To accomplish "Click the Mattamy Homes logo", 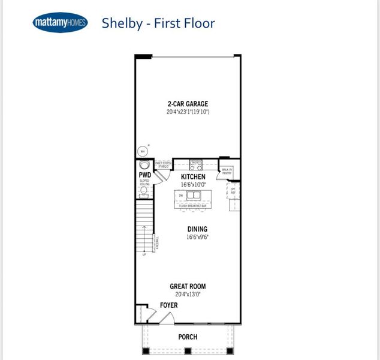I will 60,23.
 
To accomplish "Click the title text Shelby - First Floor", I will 158,23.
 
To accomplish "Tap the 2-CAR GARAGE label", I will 188,104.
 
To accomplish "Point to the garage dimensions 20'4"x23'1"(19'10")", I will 188,112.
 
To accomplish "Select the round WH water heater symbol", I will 143,152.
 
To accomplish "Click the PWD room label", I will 144,176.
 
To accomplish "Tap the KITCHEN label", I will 193,177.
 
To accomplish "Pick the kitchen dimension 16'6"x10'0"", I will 193,185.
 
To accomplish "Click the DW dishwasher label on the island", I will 180,196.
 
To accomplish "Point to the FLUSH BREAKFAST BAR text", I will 192,206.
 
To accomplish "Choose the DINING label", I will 197,229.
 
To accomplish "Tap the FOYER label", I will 169,305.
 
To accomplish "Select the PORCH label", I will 188,337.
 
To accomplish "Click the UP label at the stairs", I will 144,255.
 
